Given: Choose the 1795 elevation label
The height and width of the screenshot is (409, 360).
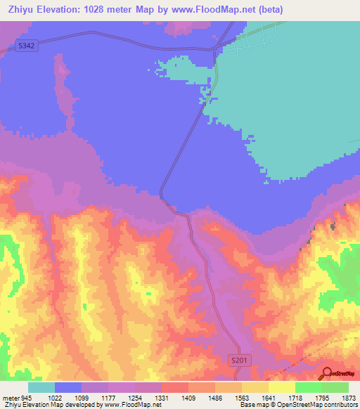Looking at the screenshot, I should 323,397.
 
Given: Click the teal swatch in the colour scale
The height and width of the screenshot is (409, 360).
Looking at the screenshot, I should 41,387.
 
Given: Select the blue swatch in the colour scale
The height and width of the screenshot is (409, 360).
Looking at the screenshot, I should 68,387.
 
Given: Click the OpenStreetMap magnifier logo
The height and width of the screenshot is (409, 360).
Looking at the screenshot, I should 327,373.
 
